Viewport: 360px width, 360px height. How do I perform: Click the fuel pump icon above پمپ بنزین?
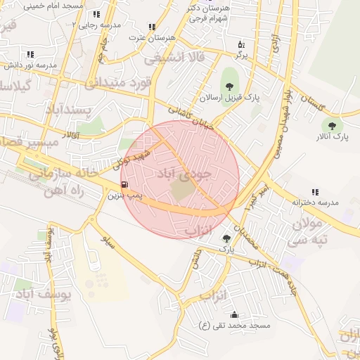tap(124, 186)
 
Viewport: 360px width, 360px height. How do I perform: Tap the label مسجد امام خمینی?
tap(53, 6)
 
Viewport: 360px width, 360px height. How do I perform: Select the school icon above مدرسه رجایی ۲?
tap(96, 14)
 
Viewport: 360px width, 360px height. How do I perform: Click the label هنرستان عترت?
tap(153, 37)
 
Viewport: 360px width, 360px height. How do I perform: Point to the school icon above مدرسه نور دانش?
tap(30, 54)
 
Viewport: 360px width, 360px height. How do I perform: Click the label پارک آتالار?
tap(332, 135)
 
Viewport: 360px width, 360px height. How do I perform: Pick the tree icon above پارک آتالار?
tap(332, 124)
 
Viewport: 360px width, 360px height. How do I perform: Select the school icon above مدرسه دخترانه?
tap(315, 191)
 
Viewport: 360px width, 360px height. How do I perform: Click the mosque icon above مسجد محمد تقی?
tap(233, 314)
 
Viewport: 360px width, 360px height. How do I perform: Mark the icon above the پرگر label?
tap(240, 44)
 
